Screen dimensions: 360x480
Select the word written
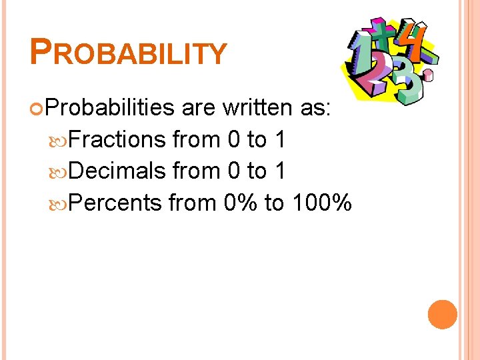tap(259, 107)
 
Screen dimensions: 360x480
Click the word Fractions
tap(117, 139)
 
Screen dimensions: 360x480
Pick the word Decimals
tap(117, 171)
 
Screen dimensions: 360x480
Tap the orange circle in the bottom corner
tap(442, 315)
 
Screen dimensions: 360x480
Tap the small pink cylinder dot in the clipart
tap(427, 75)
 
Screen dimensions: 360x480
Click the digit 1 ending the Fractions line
tap(280, 139)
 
